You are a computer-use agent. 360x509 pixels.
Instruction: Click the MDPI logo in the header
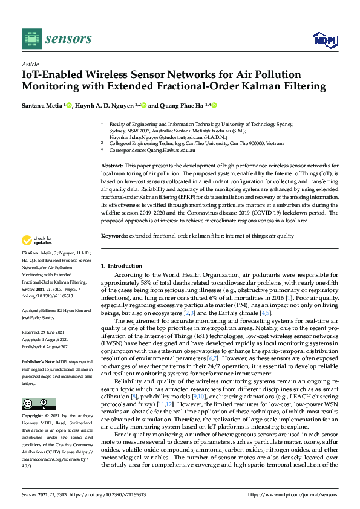324,40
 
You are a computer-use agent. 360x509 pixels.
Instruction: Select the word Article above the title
30,65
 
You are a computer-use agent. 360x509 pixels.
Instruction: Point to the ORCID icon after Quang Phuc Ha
214,105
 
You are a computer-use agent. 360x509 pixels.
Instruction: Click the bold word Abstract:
112,165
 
